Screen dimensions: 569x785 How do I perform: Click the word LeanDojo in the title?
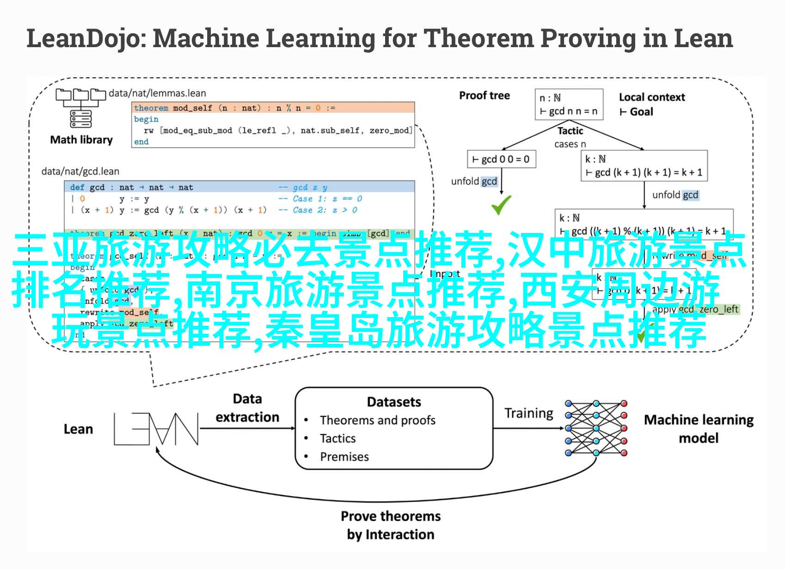click(x=83, y=38)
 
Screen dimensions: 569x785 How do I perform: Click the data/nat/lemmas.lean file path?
click(x=157, y=93)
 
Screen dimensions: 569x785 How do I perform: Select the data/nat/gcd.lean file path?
click(x=80, y=171)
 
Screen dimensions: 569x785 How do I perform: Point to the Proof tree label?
click(x=484, y=96)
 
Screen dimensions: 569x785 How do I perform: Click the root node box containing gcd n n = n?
click(x=569, y=104)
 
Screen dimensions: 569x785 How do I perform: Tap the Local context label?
click(x=651, y=97)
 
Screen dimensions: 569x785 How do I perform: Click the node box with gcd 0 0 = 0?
click(x=501, y=159)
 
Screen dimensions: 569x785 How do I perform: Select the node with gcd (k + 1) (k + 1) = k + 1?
click(x=644, y=165)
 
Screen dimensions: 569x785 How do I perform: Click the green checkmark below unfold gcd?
click(x=501, y=205)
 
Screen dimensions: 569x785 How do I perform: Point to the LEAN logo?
click(x=156, y=428)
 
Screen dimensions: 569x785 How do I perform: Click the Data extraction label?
click(x=247, y=408)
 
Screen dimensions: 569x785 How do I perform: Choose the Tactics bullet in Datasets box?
click(x=337, y=438)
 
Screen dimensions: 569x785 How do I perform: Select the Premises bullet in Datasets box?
click(x=344, y=457)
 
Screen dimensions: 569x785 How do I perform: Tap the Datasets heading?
click(x=394, y=402)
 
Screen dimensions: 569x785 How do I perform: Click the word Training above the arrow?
click(x=528, y=413)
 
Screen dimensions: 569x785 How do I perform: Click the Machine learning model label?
click(x=698, y=428)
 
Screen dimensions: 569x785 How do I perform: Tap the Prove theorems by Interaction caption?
click(x=391, y=525)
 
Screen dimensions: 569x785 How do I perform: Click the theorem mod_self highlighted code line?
click(x=273, y=108)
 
